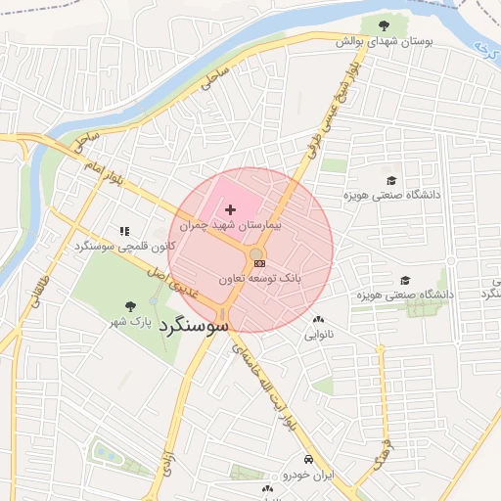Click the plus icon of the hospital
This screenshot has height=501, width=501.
tap(231, 209)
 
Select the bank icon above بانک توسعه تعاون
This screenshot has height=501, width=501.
tap(257, 263)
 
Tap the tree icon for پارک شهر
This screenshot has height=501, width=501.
tap(131, 306)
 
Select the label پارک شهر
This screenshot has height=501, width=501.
tap(131, 322)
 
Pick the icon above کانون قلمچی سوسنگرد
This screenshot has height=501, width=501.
tap(123, 231)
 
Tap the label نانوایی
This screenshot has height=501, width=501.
tap(318, 335)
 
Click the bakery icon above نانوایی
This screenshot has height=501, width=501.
tap(318, 320)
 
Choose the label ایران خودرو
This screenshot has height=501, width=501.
tap(308, 475)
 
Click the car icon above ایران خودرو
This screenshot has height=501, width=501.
tap(308, 459)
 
